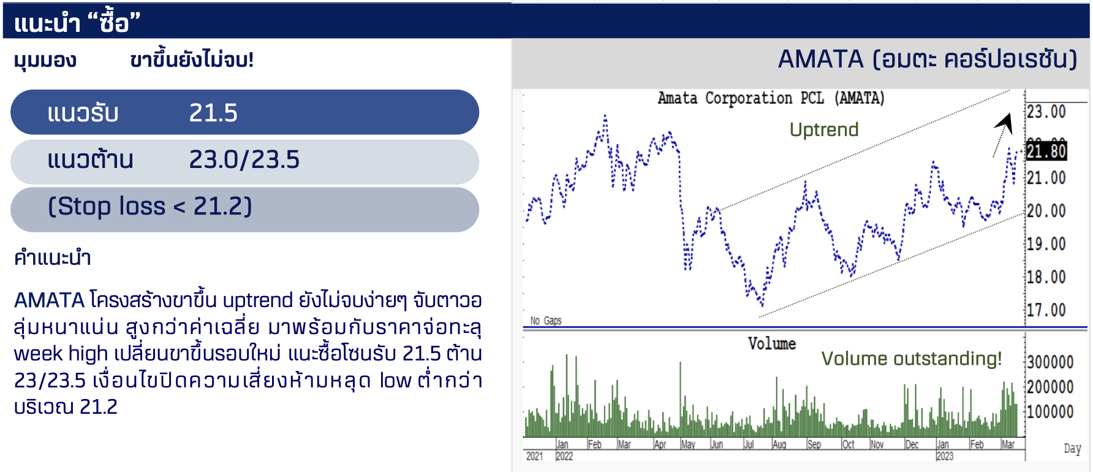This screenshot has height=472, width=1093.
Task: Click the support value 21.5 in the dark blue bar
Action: [213, 113]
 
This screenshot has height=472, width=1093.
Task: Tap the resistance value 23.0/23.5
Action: [244, 159]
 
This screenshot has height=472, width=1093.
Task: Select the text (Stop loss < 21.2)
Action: [150, 207]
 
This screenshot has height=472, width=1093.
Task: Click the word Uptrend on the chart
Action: [824, 129]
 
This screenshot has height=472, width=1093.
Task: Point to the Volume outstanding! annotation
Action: [911, 359]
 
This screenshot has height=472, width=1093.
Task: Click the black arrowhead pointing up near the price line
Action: [1005, 123]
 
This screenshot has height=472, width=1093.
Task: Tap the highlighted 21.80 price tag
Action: [1046, 151]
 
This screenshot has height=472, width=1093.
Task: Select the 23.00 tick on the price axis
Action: [1046, 112]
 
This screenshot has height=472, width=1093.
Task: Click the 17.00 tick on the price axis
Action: [1046, 310]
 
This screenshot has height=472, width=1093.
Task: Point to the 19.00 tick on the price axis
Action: [1046, 244]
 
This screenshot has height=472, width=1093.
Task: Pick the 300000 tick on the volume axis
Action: [1051, 362]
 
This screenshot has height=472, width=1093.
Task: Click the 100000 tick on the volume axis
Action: [1051, 412]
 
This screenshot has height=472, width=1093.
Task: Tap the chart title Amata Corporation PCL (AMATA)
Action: [771, 98]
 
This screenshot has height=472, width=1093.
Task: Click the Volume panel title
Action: [772, 343]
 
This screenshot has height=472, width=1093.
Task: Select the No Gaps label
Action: [546, 321]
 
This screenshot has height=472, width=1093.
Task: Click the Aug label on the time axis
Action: [779, 444]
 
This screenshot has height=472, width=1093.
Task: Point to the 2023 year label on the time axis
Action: [945, 456]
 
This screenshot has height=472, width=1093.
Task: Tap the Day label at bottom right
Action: [1072, 449]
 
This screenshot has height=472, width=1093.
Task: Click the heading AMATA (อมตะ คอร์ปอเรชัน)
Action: [928, 59]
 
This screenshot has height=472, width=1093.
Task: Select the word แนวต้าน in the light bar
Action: [91, 159]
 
